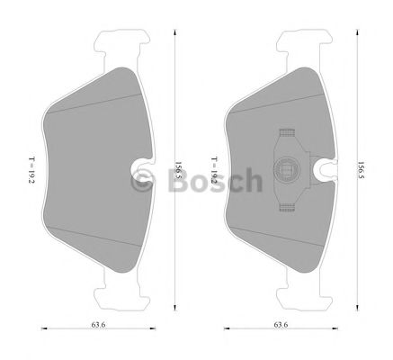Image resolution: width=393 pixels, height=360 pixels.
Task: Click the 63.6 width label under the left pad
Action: pyautogui.click(x=98, y=324)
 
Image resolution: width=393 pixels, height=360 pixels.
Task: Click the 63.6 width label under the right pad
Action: pyautogui.click(x=281, y=324)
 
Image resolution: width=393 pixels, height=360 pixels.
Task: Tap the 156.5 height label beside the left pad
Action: pyautogui.click(x=178, y=170)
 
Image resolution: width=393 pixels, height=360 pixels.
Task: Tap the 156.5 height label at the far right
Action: pyautogui.click(x=361, y=170)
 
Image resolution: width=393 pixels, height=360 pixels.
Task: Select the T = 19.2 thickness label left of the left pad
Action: pyautogui.click(x=31, y=170)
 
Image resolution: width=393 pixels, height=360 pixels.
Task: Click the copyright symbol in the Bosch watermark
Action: pyautogui.click(x=143, y=179)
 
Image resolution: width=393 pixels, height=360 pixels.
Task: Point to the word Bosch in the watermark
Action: pyautogui.click(x=215, y=180)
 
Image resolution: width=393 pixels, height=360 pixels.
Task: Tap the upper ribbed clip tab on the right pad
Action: pyautogui.click(x=287, y=133)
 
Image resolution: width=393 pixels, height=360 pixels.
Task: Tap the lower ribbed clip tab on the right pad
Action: pyautogui.click(x=287, y=207)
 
